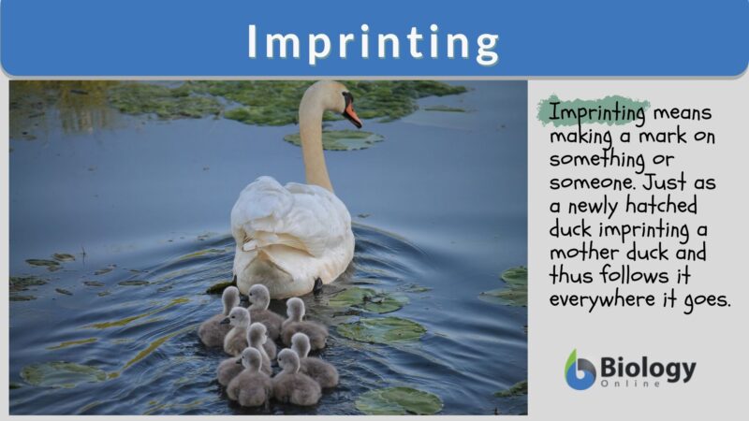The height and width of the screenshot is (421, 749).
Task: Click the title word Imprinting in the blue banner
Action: coord(374,42)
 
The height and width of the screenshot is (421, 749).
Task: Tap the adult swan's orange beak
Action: coord(353,116)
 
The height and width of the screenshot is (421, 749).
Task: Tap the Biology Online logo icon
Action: coord(580,370)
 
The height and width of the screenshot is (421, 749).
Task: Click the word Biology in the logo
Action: coord(647,366)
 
